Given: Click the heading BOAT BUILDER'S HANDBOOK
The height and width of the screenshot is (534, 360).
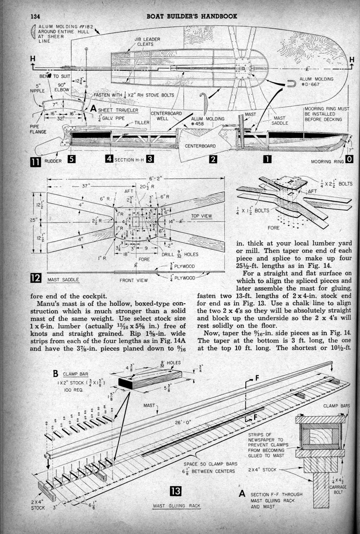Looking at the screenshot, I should click(x=192, y=16).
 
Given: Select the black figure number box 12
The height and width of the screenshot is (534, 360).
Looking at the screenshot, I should click(x=36, y=278).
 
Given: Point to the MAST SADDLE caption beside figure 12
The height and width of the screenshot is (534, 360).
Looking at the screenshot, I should click(x=63, y=280).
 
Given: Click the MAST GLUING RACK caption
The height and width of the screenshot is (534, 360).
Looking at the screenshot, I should click(x=176, y=506).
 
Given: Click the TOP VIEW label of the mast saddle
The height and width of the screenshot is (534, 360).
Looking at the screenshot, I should click(x=201, y=216).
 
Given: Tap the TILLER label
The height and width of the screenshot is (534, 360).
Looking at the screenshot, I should click(x=142, y=122).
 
